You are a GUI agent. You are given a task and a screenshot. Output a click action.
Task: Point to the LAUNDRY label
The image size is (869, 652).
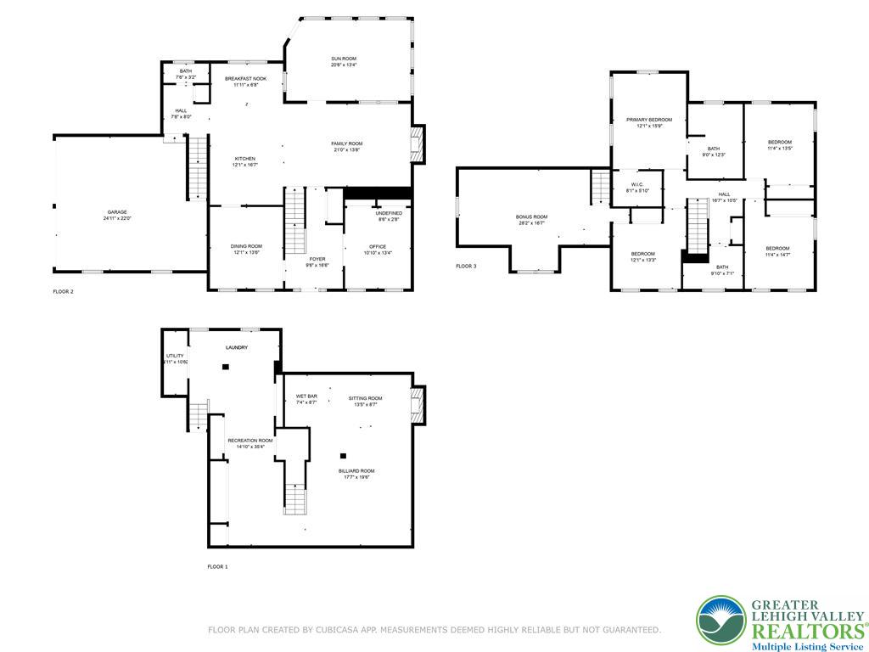[x=237, y=348]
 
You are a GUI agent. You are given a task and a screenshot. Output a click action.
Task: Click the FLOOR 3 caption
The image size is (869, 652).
[x=466, y=267]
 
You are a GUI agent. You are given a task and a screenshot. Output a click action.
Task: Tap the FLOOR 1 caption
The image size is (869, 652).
[x=217, y=566]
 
